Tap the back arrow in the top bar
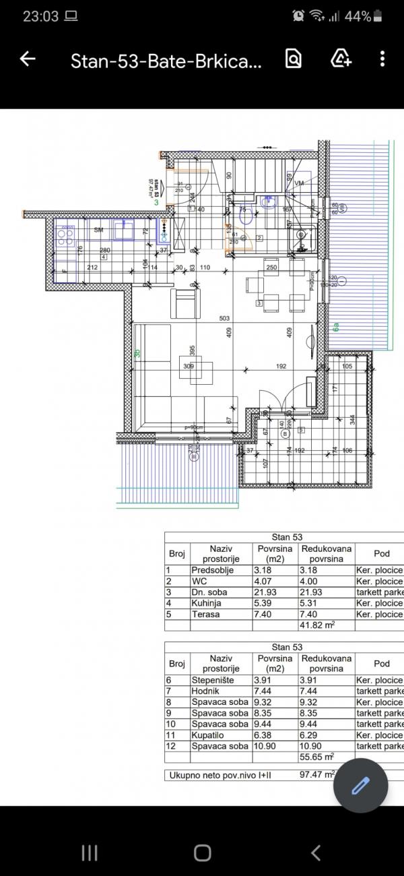(x=28, y=59)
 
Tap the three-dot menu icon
(x=382, y=59)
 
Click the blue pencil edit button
(x=361, y=786)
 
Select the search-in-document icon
(x=294, y=59)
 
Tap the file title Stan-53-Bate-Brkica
(x=165, y=62)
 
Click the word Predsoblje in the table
(x=213, y=570)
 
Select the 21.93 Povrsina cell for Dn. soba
(x=268, y=592)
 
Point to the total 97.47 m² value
(x=318, y=775)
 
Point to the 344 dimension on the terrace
(x=351, y=418)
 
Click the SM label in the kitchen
(x=98, y=230)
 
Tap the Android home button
(x=202, y=852)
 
